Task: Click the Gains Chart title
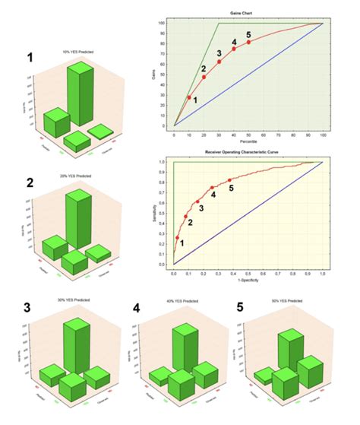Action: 248,14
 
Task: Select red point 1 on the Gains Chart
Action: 189,97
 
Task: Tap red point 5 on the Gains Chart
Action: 248,42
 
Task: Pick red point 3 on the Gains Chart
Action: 219,62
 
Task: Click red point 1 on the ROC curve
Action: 178,238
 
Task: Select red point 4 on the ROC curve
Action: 212,188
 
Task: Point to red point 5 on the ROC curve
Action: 231,180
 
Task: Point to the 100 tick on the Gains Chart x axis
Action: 323,134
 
